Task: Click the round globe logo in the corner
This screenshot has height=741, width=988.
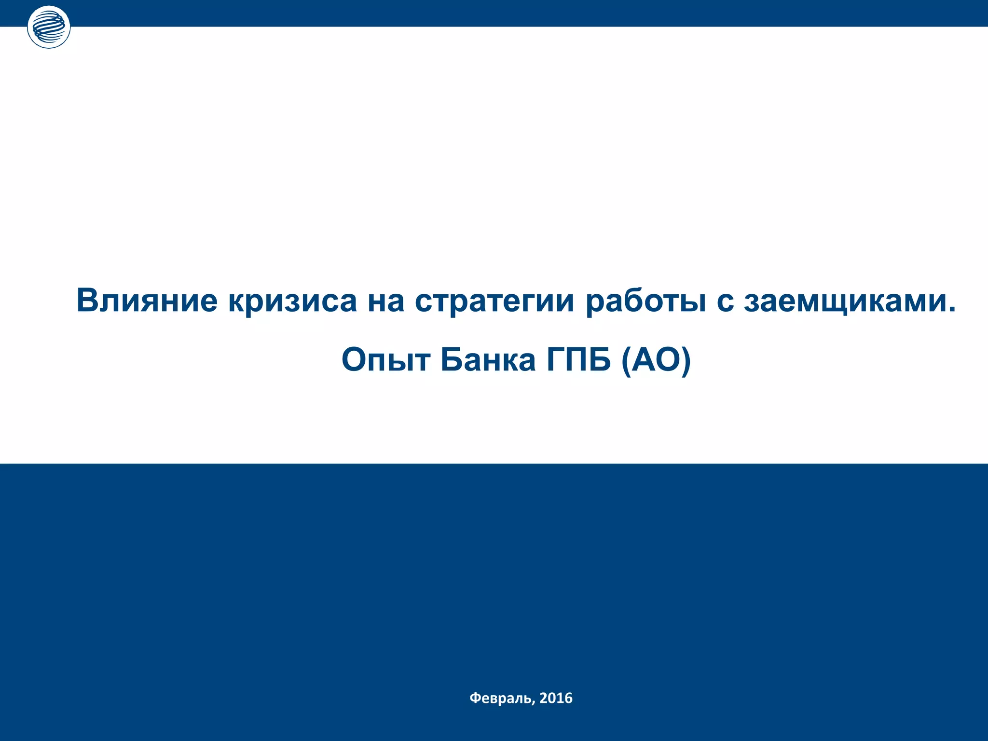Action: [x=49, y=27]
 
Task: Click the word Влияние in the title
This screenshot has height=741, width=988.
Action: [x=147, y=300]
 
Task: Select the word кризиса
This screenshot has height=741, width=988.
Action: [x=292, y=301]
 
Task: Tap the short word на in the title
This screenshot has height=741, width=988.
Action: [x=386, y=301]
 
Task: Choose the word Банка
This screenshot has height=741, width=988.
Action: [x=488, y=359]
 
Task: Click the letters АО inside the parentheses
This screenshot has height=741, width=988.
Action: [x=656, y=359]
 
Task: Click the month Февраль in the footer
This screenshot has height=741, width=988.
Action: [x=501, y=698]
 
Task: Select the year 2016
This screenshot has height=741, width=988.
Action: [x=556, y=698]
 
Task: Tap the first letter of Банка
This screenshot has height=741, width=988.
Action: [x=451, y=359]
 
